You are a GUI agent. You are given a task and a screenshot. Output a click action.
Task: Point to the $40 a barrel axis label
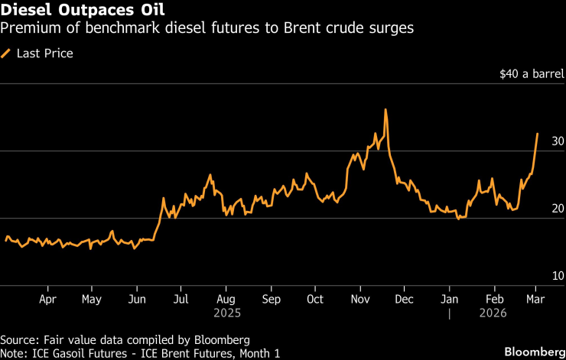532,75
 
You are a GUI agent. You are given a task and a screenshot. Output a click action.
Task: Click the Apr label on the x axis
47,300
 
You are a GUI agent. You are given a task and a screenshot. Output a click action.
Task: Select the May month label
92,300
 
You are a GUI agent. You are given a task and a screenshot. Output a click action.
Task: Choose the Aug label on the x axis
226,300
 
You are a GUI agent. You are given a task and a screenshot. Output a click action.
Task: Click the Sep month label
270,300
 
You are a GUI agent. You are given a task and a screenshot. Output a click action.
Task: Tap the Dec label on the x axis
404,300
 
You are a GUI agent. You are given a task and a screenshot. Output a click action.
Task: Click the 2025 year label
226,313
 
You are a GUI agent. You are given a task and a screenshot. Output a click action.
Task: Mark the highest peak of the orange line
385,109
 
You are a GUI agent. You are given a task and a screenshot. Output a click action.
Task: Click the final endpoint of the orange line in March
537,134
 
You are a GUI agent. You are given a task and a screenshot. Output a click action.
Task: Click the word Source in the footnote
18,339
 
